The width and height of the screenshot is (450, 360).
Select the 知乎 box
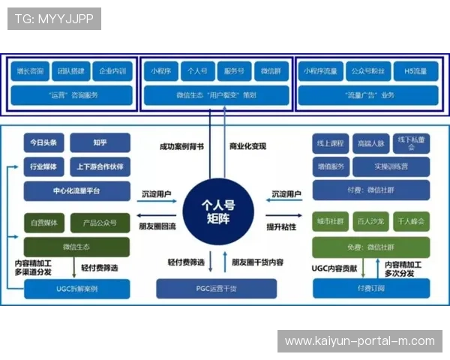99,142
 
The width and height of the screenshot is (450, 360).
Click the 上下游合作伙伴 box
99,166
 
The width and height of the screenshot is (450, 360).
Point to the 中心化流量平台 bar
76,190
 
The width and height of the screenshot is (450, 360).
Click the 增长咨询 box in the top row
31,72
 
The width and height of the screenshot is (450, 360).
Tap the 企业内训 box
112,72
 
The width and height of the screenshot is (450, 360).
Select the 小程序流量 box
319,72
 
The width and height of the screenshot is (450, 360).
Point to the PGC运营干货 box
216,288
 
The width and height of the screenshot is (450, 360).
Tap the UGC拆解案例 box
76,289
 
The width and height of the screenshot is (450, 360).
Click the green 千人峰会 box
410,223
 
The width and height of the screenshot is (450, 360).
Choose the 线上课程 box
330,142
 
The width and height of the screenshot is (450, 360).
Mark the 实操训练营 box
390,166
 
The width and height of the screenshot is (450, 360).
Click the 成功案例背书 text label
181,146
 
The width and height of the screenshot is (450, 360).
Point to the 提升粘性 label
280,226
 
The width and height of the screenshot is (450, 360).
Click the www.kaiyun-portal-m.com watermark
359,341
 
